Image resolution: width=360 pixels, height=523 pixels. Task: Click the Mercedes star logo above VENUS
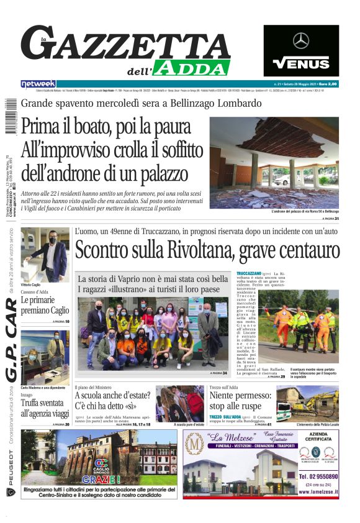[x=301, y=41]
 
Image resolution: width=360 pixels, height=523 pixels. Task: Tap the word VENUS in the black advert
[x=301, y=63]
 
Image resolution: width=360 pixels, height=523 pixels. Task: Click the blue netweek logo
[x=38, y=84]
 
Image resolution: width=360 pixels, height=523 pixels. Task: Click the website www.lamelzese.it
[x=318, y=491]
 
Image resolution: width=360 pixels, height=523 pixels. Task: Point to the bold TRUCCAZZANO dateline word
[x=248, y=274]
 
